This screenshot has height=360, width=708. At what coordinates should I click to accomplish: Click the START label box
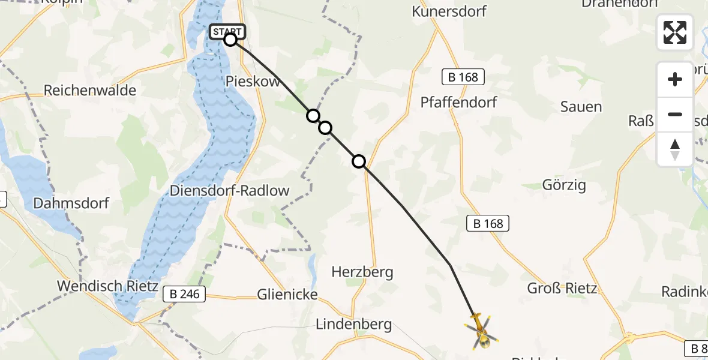pos(227,31)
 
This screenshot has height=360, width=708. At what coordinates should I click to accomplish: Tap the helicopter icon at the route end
pos(481,332)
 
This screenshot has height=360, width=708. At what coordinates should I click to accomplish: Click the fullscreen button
pos(675,32)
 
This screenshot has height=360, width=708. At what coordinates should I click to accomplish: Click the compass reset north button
pos(675,149)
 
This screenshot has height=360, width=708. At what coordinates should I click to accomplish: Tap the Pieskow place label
pos(253,82)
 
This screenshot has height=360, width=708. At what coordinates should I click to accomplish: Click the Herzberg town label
pos(362,272)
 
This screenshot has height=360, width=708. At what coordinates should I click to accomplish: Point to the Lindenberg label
pos(354,325)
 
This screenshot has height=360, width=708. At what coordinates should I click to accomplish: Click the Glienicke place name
pos(287,294)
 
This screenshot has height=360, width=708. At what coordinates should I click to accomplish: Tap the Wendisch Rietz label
pos(107,286)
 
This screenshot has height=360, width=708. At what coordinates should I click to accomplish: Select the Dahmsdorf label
pos(71,203)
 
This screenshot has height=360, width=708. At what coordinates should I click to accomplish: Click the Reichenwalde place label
pos(90,91)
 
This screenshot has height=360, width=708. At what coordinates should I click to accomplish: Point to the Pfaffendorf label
pos(458,102)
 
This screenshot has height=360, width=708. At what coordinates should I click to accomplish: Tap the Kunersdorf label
pos(449,11)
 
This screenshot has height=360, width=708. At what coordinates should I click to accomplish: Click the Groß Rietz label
pos(562,288)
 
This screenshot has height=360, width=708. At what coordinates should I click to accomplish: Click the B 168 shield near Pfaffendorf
pos(463,77)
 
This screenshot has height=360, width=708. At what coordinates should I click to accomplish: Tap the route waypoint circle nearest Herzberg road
pos(359,161)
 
